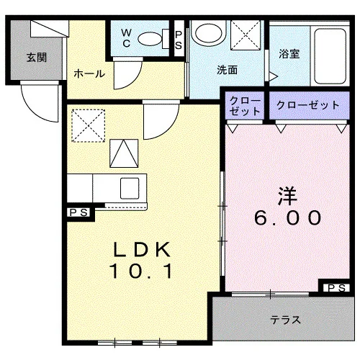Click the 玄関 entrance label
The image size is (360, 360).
click(37, 58)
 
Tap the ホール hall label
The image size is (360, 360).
click(89, 73)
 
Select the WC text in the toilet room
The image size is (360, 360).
click(126, 38)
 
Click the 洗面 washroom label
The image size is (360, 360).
click(227, 70)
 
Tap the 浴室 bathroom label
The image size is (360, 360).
click(289, 54)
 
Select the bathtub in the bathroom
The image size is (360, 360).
click(330, 56)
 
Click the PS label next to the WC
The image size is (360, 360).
click(179, 40)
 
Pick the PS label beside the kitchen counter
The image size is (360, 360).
click(78, 212)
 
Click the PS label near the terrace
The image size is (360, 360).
click(336, 288)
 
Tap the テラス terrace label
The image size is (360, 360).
click(285, 320)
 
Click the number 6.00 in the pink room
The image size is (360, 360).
click(287, 217)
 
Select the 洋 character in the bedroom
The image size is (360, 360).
click(287, 196)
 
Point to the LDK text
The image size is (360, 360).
click(142, 249)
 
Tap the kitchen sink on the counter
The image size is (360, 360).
click(130, 189)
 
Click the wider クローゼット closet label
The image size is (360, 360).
click(308, 105)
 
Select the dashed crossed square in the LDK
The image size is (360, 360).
click(89, 125)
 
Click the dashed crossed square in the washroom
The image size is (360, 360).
click(246, 35)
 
